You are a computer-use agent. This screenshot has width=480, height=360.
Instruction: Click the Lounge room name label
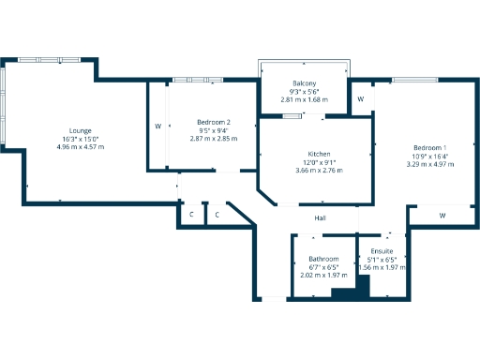(x=80, y=130)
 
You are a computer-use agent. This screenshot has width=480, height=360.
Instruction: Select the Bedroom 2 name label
(x=214, y=122)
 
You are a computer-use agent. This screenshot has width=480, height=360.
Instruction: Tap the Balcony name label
(x=304, y=82)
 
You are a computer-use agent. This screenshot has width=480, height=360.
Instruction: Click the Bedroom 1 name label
(x=430, y=148)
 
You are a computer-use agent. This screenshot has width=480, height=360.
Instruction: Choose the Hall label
(x=320, y=217)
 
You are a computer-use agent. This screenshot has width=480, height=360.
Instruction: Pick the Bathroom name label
(x=323, y=259)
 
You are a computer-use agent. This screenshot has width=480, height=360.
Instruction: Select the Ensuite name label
(x=382, y=251)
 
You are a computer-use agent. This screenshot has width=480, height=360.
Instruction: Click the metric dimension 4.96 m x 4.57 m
(x=80, y=147)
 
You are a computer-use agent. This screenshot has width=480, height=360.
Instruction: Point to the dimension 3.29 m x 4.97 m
(x=430, y=165)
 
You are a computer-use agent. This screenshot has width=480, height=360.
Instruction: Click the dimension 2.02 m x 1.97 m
(x=323, y=276)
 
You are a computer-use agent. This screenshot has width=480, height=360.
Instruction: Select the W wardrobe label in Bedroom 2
(x=157, y=126)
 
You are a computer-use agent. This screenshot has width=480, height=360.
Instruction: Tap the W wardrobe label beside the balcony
(x=361, y=98)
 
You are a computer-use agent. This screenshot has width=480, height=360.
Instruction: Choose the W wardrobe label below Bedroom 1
(x=442, y=216)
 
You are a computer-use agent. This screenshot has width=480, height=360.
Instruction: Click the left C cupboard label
(x=191, y=216)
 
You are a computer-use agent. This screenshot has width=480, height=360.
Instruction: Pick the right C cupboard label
(x=217, y=216)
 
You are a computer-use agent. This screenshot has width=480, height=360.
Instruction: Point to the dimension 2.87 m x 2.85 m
(x=214, y=139)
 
